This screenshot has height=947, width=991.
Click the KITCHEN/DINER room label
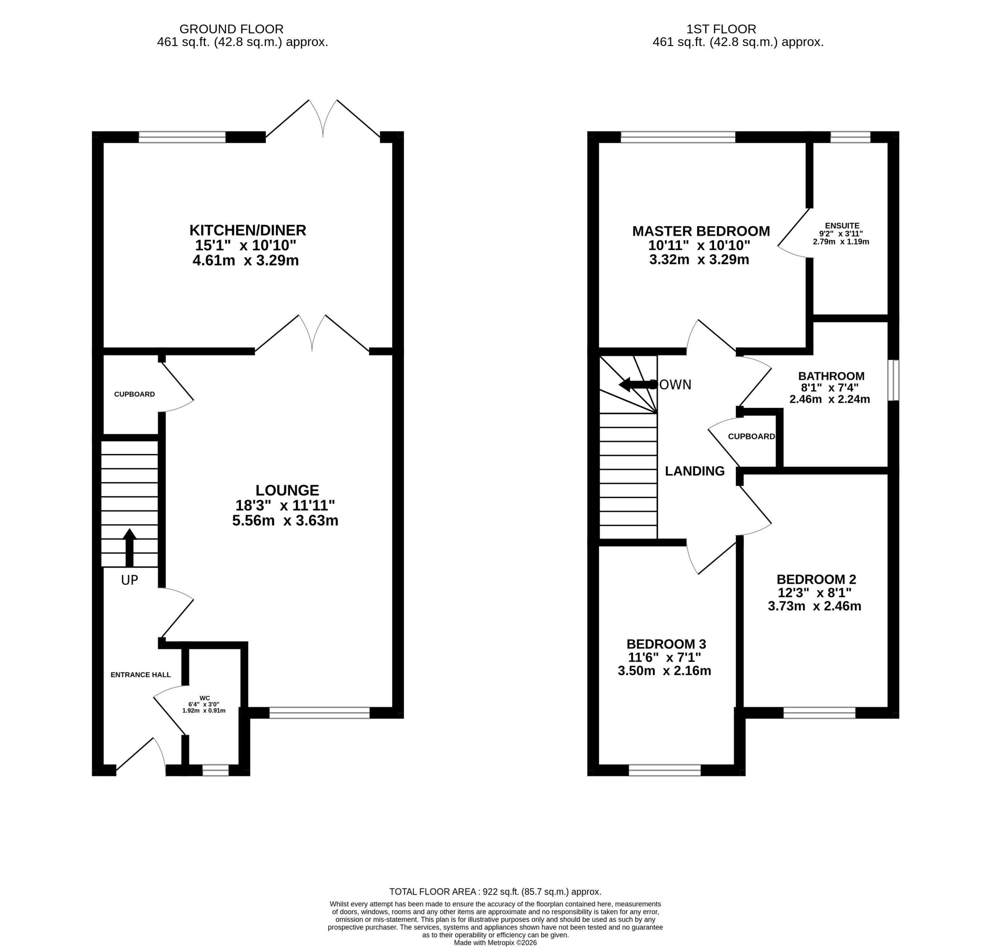point(247,230)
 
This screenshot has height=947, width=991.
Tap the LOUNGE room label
point(287,490)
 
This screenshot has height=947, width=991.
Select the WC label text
point(204,698)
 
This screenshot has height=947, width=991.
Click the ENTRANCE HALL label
point(141,674)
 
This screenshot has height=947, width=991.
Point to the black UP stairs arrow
point(130,547)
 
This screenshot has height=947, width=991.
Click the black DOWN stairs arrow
point(638,385)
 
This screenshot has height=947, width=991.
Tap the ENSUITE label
point(842,226)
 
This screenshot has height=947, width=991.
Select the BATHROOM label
point(831,376)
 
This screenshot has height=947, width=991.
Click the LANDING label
point(694,471)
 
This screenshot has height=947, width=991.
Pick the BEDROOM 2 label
point(816,579)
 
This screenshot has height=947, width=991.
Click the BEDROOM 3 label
point(666,644)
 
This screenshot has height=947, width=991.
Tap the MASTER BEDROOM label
point(701,231)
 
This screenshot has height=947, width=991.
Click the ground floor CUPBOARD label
point(134,394)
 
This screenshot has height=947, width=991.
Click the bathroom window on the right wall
point(893,380)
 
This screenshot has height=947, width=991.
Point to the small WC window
point(216,770)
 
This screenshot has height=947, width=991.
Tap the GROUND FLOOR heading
point(231,29)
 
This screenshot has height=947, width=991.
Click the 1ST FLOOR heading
point(721,29)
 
